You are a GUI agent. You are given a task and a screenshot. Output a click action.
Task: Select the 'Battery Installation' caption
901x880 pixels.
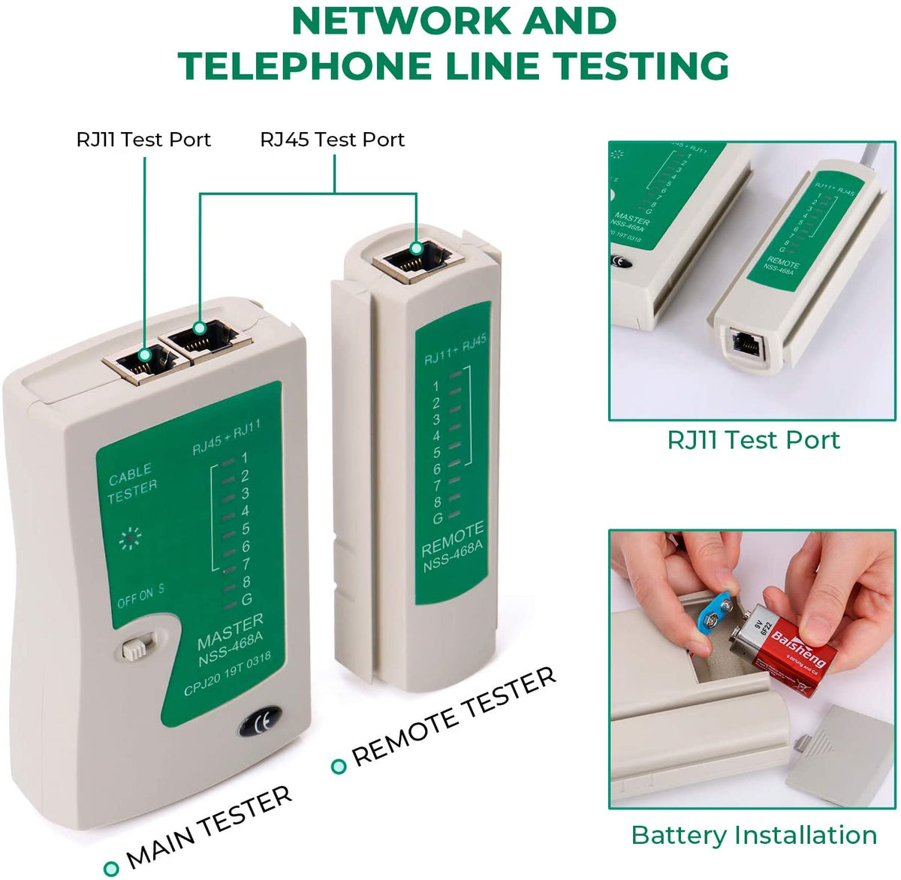(754, 835)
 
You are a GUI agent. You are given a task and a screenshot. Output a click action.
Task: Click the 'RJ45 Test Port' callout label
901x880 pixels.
(332, 140)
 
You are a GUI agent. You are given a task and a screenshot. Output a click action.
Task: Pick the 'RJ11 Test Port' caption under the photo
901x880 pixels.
(753, 439)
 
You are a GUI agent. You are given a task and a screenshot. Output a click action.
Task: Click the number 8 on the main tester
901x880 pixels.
(246, 581)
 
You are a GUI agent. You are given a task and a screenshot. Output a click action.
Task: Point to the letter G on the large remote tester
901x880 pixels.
(437, 518)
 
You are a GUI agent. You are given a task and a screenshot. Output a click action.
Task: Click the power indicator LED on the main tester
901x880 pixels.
(131, 537)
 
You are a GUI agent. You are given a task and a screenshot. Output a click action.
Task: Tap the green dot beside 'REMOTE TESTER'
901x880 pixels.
(339, 766)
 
